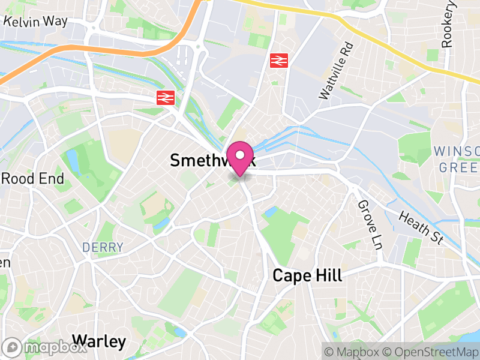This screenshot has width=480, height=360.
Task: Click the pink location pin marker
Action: pos(240,157)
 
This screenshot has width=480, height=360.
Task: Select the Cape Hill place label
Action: pos(307,275)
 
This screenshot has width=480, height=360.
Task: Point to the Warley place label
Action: pos(99,342)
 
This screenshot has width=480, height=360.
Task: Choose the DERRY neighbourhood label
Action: pos(103,247)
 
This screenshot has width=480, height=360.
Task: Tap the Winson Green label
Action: pos(457,158)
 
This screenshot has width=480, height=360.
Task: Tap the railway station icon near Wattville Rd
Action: pos(278,60)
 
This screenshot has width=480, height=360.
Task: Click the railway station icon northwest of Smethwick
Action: pos(165,98)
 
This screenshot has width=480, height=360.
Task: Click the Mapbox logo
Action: pos(44,347)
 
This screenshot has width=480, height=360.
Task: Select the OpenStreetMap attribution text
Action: pos(428,352)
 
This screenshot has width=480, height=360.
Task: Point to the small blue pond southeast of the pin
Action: pos(270,212)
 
